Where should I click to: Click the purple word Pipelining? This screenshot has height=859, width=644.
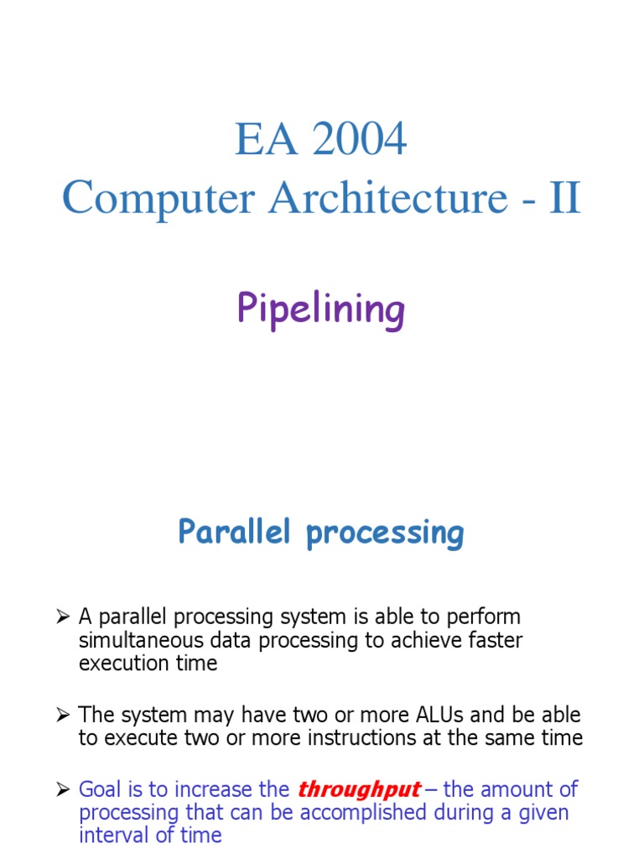[x=321, y=310]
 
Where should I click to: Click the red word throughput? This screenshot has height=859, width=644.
[x=359, y=790]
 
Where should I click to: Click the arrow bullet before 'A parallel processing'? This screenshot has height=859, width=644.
[x=63, y=617]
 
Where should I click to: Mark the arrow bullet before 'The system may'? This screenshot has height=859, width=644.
[x=63, y=716]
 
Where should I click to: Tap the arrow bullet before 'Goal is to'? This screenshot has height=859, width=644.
[x=63, y=790]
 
